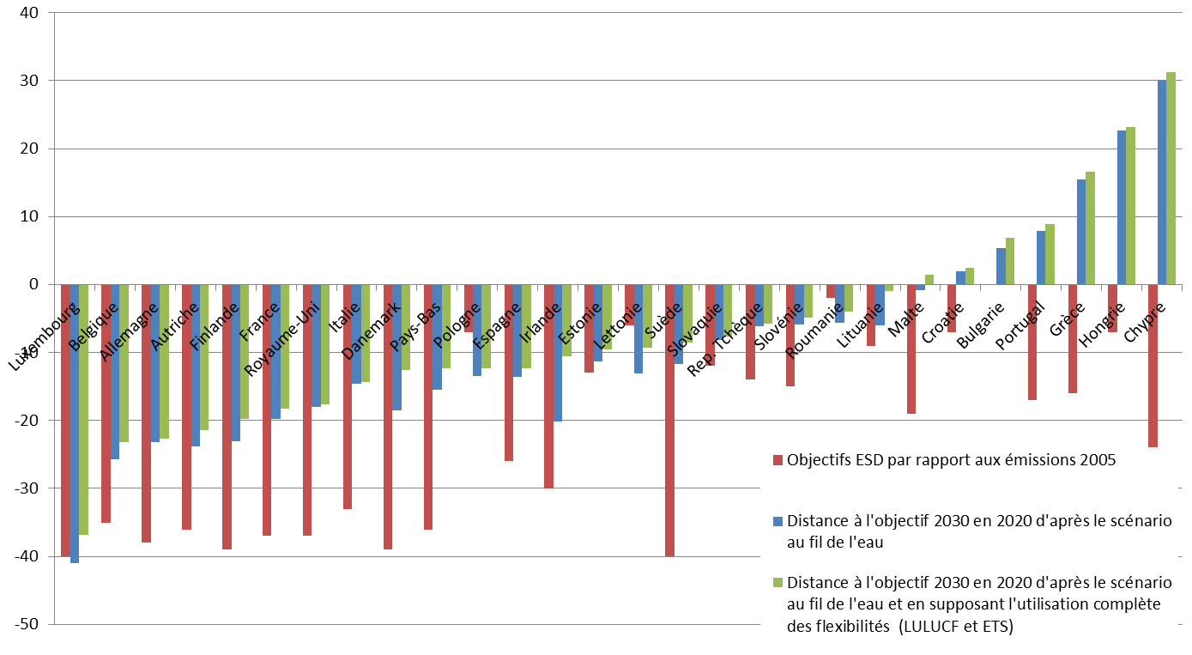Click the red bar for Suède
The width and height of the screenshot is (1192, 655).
pyautogui.click(x=669, y=420)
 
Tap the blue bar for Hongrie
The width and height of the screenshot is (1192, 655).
pyautogui.click(x=1121, y=207)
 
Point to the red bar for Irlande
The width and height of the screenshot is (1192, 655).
pyautogui.click(x=548, y=385)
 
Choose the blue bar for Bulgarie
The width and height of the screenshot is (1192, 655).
pyautogui.click(x=1001, y=266)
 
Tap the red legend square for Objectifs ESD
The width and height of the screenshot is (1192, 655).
pyautogui.click(x=778, y=460)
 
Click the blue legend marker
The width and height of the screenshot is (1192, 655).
pyautogui.click(x=778, y=521)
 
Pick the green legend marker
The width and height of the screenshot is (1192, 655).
pyautogui.click(x=778, y=582)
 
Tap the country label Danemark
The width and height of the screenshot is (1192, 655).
pyautogui.click(x=370, y=329)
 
